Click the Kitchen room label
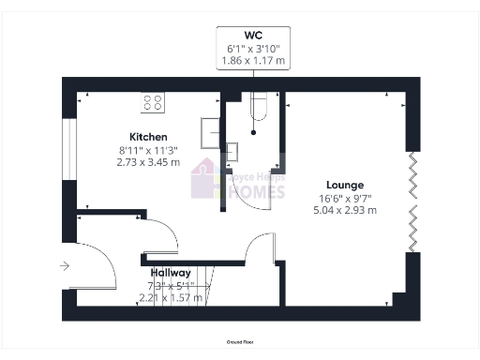(129, 137)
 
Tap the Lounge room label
(345, 185)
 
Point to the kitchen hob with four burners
(153, 101)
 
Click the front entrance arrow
(64, 266)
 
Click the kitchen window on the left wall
(68, 146)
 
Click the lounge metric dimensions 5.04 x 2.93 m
(345, 211)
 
